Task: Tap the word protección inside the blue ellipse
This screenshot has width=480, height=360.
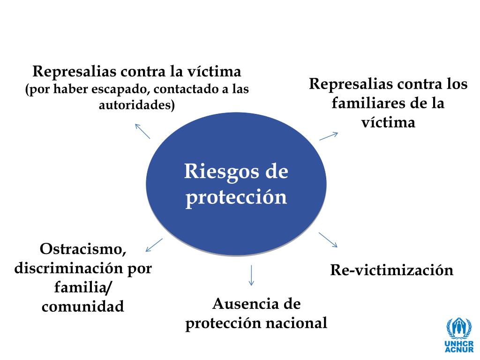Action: click(236, 197)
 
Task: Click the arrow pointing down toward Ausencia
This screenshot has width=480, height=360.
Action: click(251, 275)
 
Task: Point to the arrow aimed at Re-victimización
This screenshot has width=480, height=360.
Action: click(328, 240)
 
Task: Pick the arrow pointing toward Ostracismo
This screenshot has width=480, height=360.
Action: click(154, 245)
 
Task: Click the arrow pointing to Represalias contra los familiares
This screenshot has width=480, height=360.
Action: click(329, 136)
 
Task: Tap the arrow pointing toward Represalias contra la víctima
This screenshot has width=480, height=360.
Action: click(142, 131)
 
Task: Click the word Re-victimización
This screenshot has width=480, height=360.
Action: click(392, 270)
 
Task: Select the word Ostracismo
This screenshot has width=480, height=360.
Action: click(83, 249)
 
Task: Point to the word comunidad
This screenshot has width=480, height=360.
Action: click(83, 307)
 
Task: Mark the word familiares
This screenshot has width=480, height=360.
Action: click(363, 103)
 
